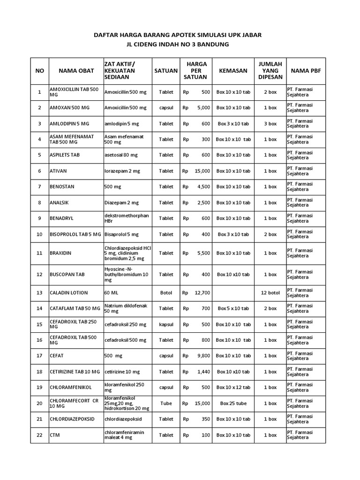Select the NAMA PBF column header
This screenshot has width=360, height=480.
tap(306, 70)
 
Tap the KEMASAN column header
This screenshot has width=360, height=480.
tap(233, 70)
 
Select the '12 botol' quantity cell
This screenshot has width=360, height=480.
tap(270, 292)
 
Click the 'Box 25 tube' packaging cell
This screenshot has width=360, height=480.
tap(233, 403)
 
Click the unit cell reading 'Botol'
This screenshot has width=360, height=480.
tap(166, 292)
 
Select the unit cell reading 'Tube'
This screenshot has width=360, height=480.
tap(166, 403)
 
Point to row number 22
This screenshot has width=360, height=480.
tap(39, 435)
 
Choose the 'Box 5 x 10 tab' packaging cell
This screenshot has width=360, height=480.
tap(233, 308)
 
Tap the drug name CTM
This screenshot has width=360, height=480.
tap(55, 435)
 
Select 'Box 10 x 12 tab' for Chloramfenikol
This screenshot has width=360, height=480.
tap(233, 387)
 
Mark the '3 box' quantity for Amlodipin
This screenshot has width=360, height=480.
tap(270, 124)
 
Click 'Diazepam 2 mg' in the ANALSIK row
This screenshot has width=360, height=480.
tap(121, 202)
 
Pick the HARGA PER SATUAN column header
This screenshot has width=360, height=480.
tap(197, 70)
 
